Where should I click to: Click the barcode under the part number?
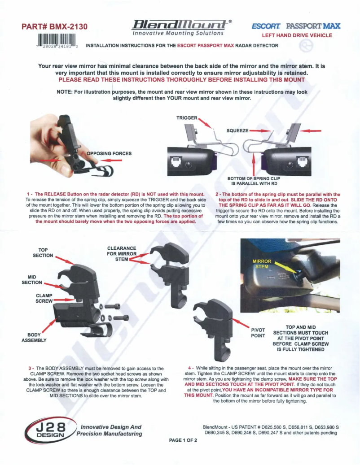pos(57,41)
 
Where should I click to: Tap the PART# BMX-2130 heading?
pos(54,27)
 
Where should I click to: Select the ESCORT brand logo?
pos(266,26)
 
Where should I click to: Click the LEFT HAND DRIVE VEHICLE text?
pos(297,35)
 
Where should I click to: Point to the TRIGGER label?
pos(187,118)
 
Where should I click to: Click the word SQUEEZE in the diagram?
pos(237,130)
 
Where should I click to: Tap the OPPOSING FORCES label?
pos(109,153)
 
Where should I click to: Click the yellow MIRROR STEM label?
pos(262,264)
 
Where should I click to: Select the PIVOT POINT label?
pos(258,333)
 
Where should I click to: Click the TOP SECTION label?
pos(43,252)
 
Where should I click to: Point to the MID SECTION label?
pos(32,280)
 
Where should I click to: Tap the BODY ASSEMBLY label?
pos(34,338)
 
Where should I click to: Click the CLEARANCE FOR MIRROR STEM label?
pos(122,253)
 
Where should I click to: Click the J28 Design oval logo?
pos(49,430)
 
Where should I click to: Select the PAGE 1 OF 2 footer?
pos(183,440)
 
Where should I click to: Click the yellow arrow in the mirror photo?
pos(285,267)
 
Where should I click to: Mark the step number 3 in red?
pos(30,368)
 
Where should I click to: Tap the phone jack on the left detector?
pos(176,162)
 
